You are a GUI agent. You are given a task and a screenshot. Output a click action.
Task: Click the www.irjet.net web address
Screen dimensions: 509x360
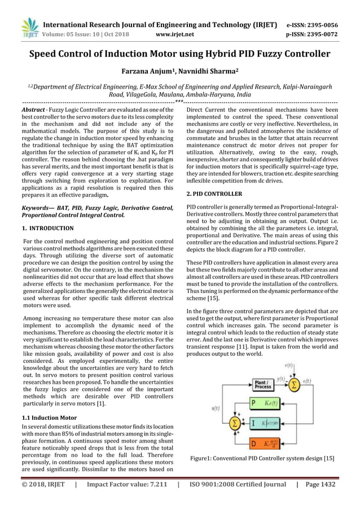coord(174,34)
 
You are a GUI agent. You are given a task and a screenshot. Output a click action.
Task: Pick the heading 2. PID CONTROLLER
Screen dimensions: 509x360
coord(214,194)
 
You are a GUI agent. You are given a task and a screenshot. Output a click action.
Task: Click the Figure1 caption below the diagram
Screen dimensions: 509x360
coord(262,458)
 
